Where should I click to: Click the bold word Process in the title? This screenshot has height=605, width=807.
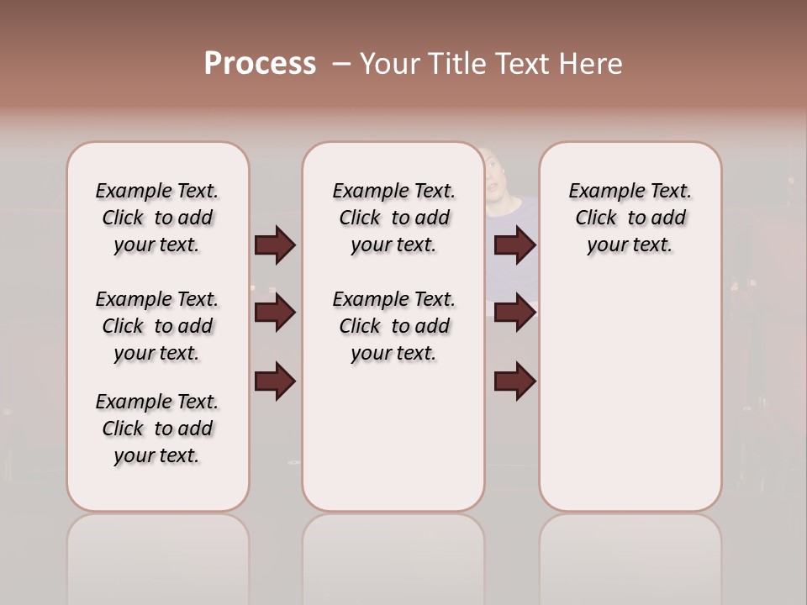[260, 64]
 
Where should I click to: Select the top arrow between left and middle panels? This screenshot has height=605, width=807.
[275, 245]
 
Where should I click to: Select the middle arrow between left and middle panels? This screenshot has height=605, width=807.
[275, 313]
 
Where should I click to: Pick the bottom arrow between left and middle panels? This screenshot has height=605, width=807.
[275, 381]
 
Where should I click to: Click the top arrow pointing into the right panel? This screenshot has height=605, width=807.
[514, 245]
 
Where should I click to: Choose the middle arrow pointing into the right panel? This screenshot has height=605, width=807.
[514, 313]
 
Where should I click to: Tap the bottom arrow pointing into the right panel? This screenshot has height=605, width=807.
[514, 381]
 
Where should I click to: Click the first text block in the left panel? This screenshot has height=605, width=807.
[157, 218]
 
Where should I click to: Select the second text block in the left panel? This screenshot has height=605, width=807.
[157, 326]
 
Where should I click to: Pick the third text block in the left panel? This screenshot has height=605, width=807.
[157, 429]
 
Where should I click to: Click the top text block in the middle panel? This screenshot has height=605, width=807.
[393, 218]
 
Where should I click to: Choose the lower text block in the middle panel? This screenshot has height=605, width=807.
[393, 326]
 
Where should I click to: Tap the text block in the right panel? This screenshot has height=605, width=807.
[630, 218]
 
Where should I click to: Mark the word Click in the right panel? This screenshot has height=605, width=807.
[596, 218]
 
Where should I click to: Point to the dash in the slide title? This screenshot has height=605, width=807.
[340, 64]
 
